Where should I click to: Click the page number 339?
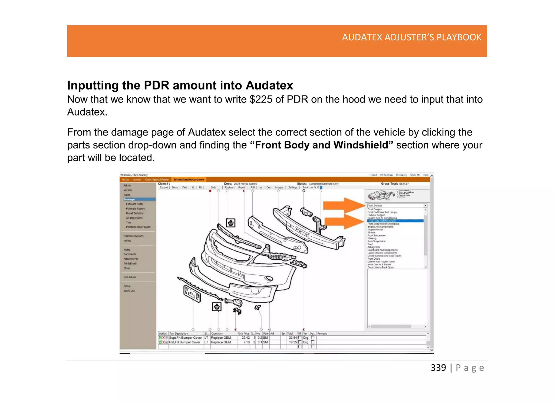click(438, 368)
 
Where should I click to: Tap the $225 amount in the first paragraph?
click(261, 100)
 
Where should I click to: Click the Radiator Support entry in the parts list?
click(376, 215)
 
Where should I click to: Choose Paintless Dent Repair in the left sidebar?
click(138, 227)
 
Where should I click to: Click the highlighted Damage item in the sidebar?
click(129, 199)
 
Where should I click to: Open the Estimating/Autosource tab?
click(189, 179)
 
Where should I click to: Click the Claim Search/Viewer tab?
click(157, 179)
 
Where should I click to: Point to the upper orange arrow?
click(344, 206)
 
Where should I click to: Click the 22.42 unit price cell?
click(245, 338)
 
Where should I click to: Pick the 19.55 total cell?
click(293, 342)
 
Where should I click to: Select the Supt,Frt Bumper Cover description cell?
click(185, 338)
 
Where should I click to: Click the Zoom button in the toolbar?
click(175, 187)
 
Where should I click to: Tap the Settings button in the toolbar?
click(293, 187)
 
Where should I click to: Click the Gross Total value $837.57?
click(404, 184)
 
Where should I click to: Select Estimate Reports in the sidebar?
click(133, 236)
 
